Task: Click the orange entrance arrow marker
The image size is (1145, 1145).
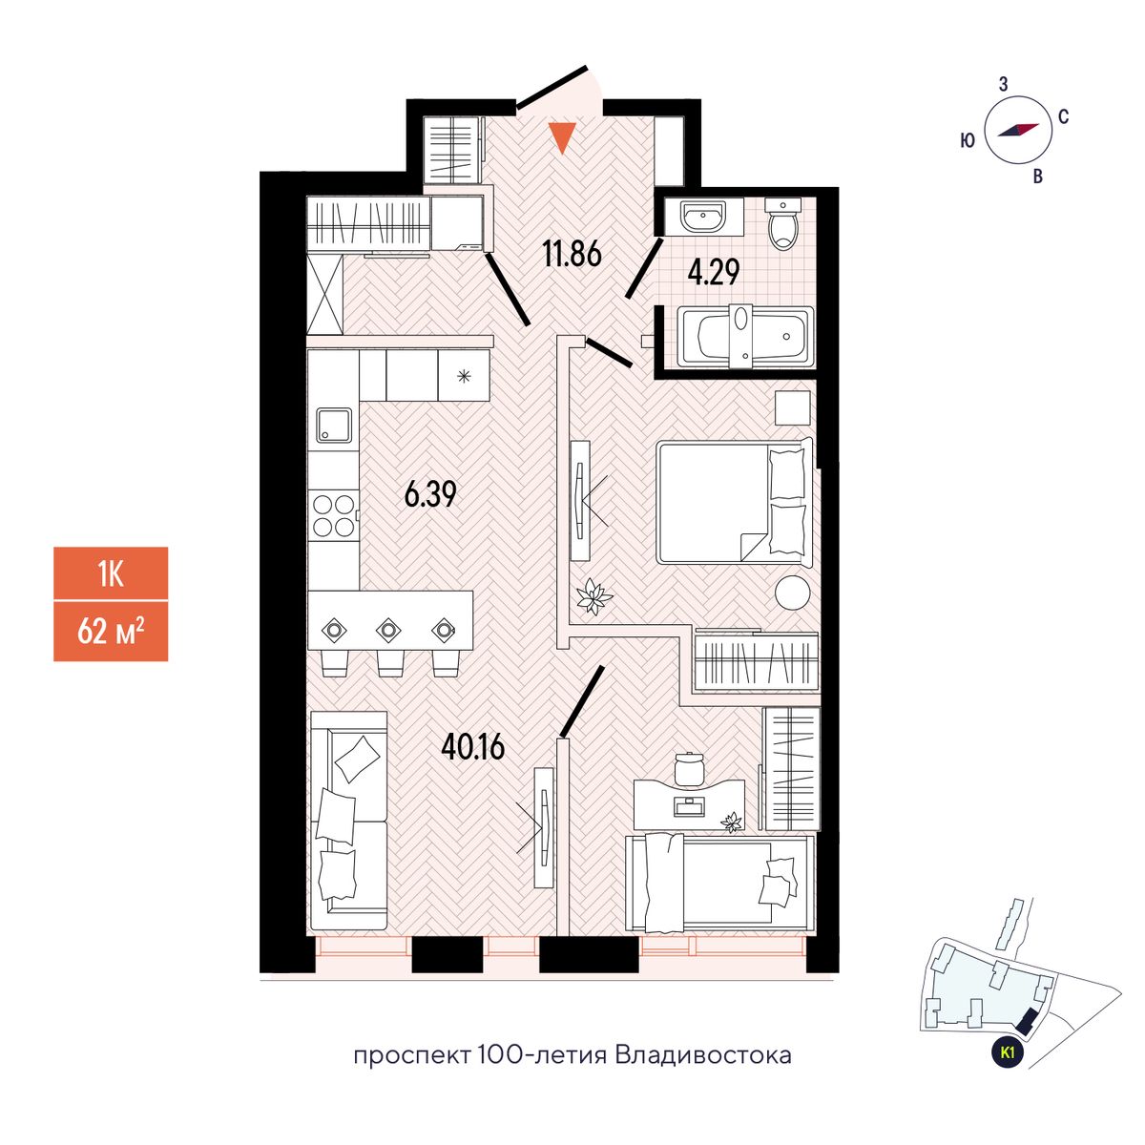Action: tap(564, 138)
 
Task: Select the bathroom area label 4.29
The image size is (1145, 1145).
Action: tap(714, 273)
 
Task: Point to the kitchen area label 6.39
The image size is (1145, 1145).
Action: tap(430, 494)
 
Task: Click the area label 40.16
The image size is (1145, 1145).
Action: tap(472, 745)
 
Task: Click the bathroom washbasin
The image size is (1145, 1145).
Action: tap(703, 217)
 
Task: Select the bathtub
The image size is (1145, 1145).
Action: tap(744, 336)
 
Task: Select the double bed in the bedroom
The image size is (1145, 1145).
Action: tap(733, 501)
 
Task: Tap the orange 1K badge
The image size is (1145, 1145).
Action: tap(111, 573)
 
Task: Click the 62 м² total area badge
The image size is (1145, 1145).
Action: tap(111, 631)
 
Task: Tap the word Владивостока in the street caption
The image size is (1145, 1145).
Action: tap(703, 1055)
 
